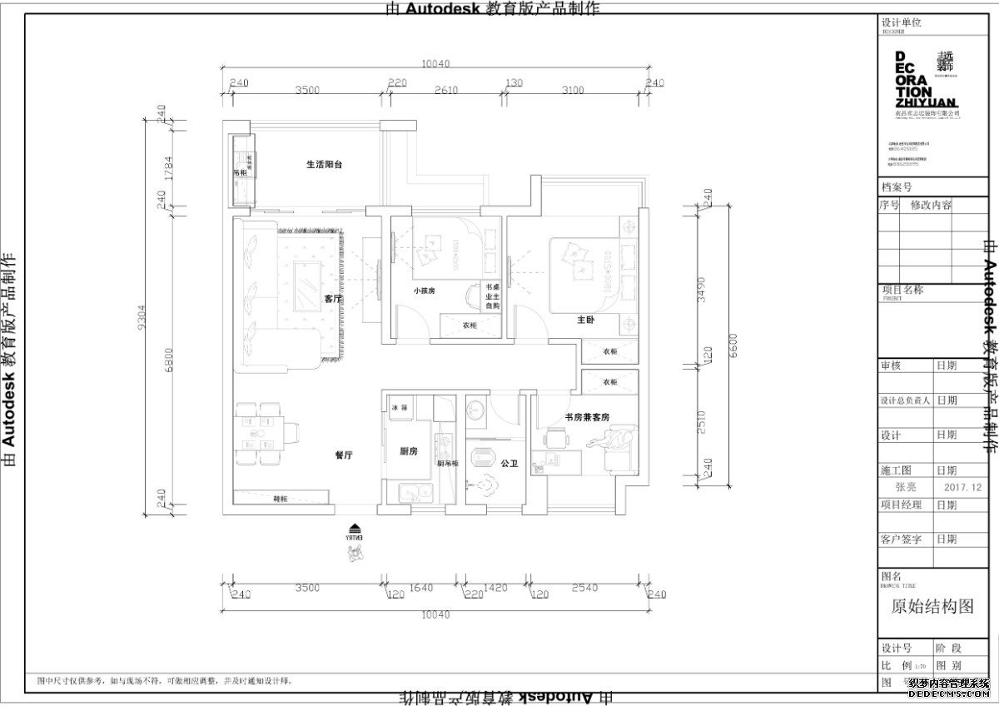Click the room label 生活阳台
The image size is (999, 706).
[x=324, y=165]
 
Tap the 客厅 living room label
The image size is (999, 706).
[x=333, y=298]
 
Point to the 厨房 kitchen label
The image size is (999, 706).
[x=408, y=451]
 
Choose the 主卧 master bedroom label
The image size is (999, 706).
[x=584, y=319]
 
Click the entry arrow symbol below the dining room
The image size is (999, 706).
[x=355, y=528]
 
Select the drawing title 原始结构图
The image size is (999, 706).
[x=932, y=607]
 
